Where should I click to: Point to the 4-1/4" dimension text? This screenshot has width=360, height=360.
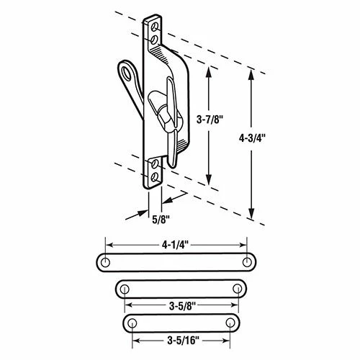tap(177, 244)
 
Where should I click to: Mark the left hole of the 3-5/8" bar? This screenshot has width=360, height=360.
tap(125, 289)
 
